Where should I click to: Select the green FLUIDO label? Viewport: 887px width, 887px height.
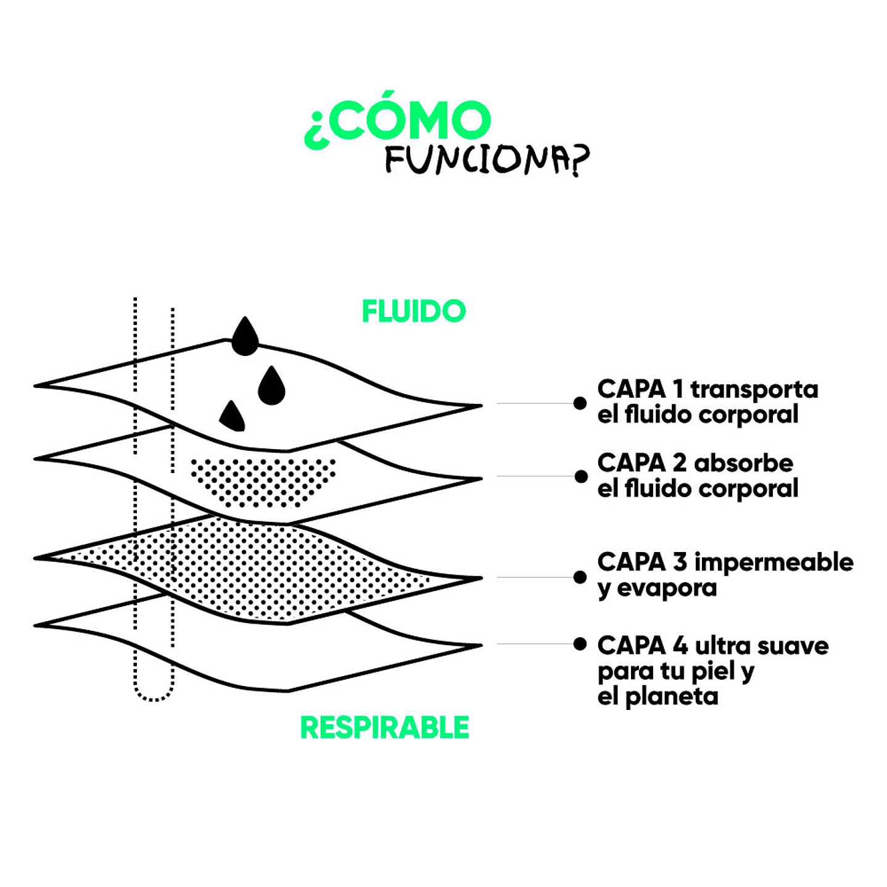tap(413, 311)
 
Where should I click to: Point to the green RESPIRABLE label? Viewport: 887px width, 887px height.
tap(384, 728)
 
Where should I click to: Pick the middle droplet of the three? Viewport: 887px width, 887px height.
tap(271, 387)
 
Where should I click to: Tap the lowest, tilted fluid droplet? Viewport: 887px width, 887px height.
tap(233, 416)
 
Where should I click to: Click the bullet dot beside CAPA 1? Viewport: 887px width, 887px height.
tap(580, 403)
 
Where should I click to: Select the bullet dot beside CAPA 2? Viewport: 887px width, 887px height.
tap(580, 476)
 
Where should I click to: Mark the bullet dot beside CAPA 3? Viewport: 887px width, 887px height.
tap(580, 577)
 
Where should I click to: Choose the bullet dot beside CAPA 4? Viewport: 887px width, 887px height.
tap(580, 644)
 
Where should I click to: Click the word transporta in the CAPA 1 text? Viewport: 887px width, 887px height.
tap(754, 389)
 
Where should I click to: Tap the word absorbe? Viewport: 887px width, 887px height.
tap(743, 463)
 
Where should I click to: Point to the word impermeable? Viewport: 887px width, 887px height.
tap(774, 563)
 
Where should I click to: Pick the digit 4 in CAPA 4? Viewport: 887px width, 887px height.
tap(680, 646)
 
